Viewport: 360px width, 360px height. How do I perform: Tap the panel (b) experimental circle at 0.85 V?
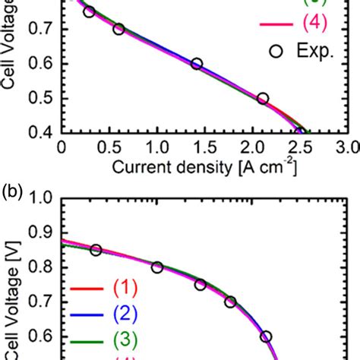click(x=96, y=250)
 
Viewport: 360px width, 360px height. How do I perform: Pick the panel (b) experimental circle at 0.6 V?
click(x=266, y=336)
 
